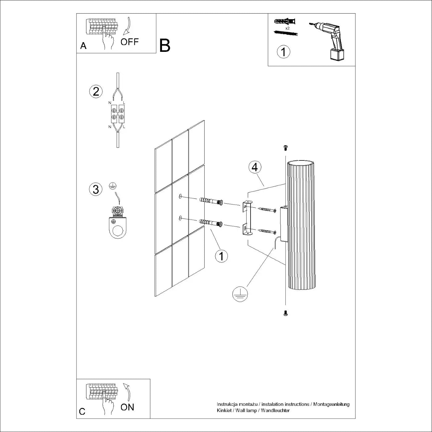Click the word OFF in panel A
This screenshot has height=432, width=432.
click(x=130, y=42)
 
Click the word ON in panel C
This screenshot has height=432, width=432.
click(x=127, y=407)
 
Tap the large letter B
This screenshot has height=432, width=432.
click(x=165, y=46)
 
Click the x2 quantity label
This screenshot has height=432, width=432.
click(x=287, y=28)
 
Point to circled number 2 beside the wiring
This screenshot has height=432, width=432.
click(x=96, y=92)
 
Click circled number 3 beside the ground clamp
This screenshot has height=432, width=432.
click(x=96, y=189)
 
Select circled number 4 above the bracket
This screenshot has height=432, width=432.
click(x=255, y=167)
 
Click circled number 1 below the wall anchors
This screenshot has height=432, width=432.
click(x=221, y=256)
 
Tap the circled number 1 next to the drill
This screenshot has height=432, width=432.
click(x=284, y=52)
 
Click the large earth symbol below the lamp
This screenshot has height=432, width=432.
click(x=240, y=294)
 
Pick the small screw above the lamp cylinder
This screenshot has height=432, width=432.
click(x=285, y=148)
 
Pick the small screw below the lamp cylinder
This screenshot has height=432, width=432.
click(x=285, y=314)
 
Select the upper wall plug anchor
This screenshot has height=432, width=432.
click(x=211, y=201)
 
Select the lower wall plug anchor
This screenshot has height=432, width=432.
click(x=211, y=222)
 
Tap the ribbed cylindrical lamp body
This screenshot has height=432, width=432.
click(x=301, y=225)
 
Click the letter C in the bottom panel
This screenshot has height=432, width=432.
click(x=82, y=412)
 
